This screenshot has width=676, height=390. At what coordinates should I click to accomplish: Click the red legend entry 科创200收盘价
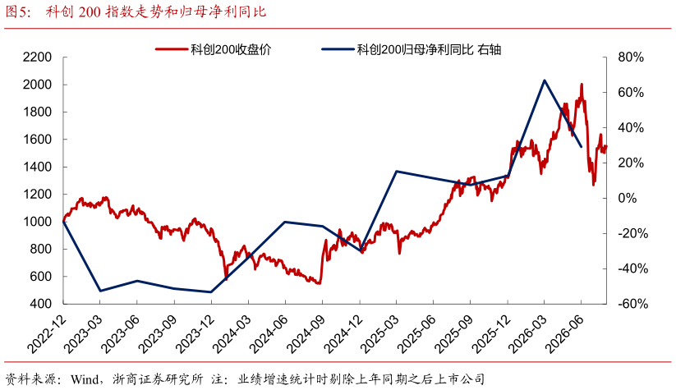point(214,49)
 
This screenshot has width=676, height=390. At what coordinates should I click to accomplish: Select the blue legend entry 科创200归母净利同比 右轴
point(412,49)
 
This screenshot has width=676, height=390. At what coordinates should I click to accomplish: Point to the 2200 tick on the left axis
point(37,57)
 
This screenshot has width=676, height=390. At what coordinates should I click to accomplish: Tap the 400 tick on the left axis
point(41,304)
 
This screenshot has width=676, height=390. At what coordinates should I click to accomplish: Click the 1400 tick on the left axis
point(37,167)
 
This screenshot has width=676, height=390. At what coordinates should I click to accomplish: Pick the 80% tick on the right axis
point(631,57)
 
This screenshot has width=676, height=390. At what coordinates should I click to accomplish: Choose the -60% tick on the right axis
point(633,304)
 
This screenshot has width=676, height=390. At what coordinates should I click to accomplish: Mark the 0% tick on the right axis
point(628,198)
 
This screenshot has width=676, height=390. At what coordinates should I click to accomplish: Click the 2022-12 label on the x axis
point(48,333)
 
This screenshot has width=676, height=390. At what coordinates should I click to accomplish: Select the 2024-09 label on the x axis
point(307,333)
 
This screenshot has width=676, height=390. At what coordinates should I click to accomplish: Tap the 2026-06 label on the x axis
point(566,333)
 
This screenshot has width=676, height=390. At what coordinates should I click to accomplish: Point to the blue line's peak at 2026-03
point(545,80)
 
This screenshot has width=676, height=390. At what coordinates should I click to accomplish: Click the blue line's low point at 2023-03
point(100,291)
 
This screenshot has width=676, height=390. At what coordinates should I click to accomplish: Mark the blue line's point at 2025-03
point(397,172)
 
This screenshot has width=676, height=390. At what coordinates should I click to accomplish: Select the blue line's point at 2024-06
point(285,222)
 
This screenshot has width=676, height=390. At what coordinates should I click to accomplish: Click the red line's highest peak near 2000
point(582,85)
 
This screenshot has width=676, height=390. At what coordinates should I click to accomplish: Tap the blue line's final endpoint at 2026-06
point(582,147)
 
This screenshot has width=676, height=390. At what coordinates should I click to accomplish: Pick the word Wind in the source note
point(85,379)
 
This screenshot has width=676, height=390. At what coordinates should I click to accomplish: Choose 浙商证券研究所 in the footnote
point(158,379)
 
